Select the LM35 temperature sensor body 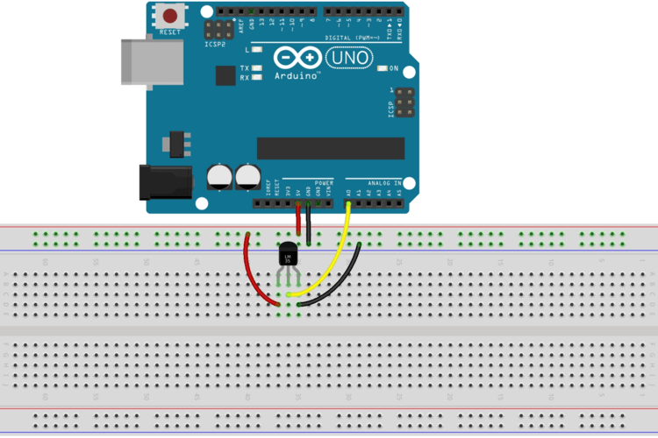click(289, 256)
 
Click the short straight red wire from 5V click(298, 220)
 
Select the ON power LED click(381, 68)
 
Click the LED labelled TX click(257, 67)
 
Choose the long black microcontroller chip click(330, 149)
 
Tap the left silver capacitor click(219, 176)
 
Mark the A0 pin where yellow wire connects click(349, 204)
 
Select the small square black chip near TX click(225, 76)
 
